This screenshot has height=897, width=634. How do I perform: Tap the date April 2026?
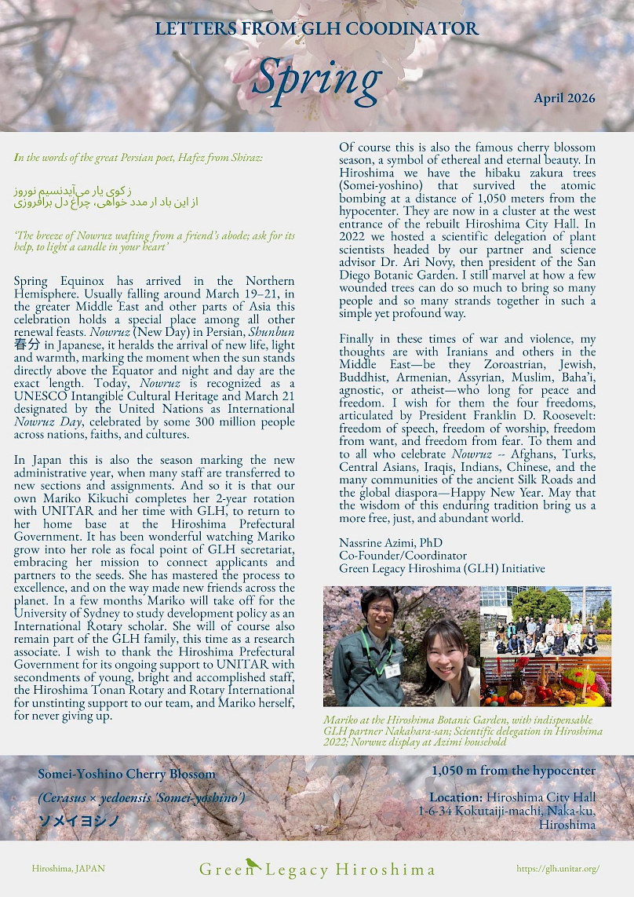564,99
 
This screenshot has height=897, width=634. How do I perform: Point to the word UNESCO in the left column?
41,397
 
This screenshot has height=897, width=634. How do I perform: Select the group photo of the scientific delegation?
545,621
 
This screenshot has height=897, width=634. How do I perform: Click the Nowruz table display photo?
545,681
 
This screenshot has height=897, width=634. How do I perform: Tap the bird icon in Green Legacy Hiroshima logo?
253,863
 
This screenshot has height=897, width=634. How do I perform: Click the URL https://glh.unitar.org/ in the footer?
558,869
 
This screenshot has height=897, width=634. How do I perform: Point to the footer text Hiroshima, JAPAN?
68,869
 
